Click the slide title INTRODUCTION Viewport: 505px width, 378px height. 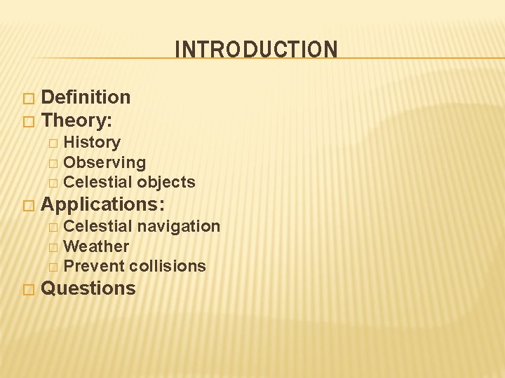point(256,50)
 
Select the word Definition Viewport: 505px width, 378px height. point(86,97)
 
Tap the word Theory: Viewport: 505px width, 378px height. point(76,120)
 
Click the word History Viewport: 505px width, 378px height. point(92,142)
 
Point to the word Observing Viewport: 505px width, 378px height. point(105,162)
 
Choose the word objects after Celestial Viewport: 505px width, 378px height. point(166,182)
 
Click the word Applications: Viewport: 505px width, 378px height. point(103,204)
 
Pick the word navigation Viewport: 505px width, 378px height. point(179,226)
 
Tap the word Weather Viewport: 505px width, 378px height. point(96,246)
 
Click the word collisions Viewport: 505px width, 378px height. point(168,266)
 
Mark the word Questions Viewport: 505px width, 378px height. point(88,288)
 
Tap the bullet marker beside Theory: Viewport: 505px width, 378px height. point(27,121)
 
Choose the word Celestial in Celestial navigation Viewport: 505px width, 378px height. point(97,226)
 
